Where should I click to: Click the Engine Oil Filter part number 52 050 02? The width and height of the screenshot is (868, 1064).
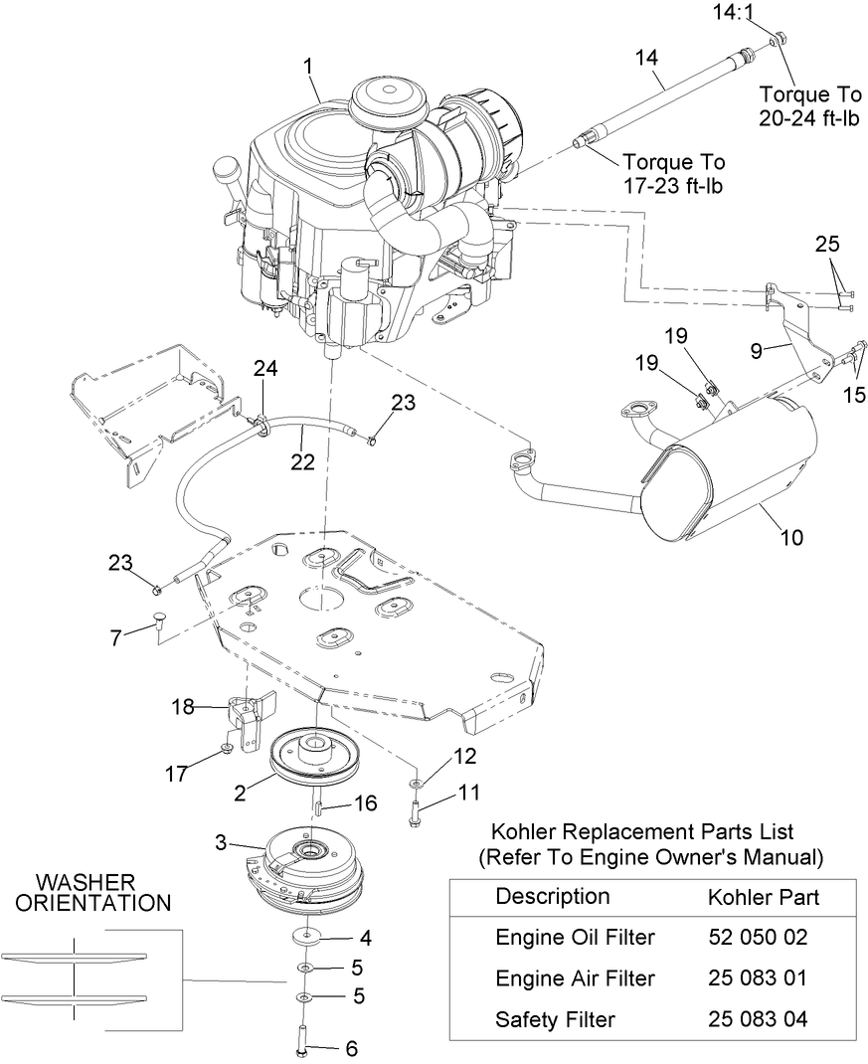pos(758,937)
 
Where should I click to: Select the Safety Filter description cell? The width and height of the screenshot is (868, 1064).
pos(555,1019)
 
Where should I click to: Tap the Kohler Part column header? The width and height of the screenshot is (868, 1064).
pos(764,897)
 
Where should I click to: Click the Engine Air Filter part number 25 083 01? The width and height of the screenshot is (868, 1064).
pos(758,978)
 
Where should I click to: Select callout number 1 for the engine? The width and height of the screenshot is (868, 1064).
pos(307,66)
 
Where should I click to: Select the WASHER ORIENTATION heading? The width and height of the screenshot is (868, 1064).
pos(102,892)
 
